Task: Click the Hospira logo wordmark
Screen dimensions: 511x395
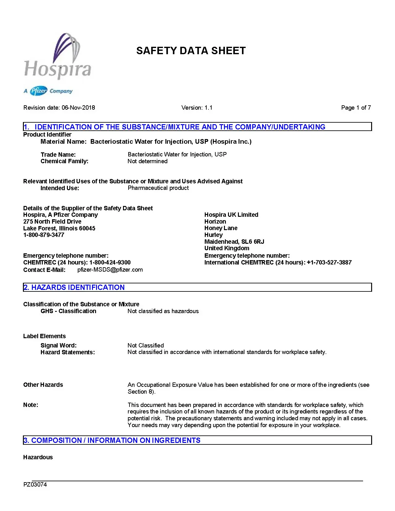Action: click(58, 69)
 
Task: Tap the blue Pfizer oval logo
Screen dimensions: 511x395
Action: click(39, 91)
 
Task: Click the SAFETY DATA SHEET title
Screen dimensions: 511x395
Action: click(191, 51)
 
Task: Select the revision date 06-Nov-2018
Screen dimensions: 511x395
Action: click(78, 108)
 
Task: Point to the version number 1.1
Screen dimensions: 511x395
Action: click(208, 108)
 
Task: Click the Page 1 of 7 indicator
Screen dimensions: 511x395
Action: click(356, 108)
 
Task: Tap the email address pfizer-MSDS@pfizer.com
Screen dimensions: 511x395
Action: click(110, 270)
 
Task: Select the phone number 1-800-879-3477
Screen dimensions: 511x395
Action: click(44, 235)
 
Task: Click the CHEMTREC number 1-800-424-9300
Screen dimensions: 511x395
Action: click(110, 263)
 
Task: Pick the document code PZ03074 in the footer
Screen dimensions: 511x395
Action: click(35, 485)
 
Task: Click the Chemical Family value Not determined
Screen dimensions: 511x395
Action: click(147, 161)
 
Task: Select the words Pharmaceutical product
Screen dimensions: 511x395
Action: click(158, 188)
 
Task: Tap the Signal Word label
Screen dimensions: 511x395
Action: click(59, 346)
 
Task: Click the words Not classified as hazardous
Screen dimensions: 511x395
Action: click(163, 311)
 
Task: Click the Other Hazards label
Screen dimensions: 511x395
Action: click(43, 385)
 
